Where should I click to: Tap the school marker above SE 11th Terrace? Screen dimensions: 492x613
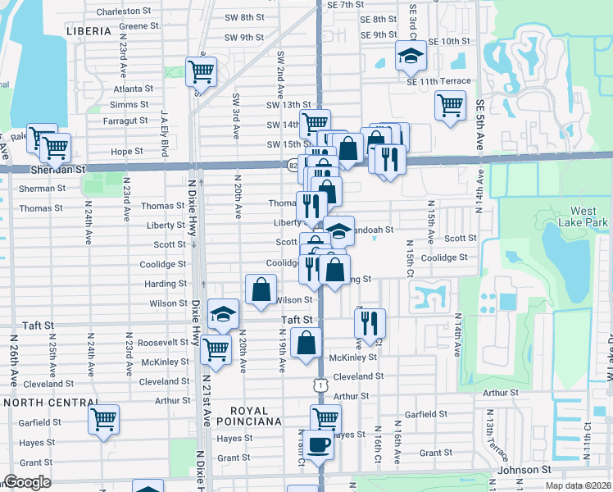click(411, 57)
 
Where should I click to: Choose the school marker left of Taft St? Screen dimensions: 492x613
click(222, 314)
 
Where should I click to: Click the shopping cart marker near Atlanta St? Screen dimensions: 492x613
click(200, 72)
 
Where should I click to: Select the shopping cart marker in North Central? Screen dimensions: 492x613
click(104, 421)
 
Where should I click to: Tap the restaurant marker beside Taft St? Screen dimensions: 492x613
click(370, 323)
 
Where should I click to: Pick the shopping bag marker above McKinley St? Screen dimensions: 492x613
click(306, 344)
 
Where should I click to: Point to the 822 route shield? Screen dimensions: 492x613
click(293, 165)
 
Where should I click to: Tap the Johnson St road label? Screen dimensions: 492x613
click(524, 470)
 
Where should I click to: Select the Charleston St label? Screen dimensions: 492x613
click(125, 12)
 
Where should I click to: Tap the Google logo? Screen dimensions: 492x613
click(27, 482)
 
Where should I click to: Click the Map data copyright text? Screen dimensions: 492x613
click(578, 485)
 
